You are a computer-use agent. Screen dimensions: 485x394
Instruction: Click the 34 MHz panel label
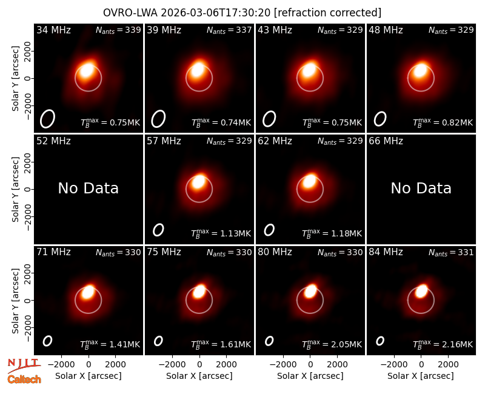(53, 30)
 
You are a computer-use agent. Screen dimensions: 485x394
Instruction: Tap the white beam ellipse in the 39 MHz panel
(158, 119)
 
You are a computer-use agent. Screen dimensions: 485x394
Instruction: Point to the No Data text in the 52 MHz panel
(89, 188)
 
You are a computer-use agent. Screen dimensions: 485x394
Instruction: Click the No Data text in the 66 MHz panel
(421, 188)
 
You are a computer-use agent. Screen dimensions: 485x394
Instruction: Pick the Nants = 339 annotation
(118, 30)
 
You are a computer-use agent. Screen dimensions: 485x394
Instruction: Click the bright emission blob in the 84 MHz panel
(421, 291)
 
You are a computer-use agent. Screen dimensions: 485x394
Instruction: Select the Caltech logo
(24, 379)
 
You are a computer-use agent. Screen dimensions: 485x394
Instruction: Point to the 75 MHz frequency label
(164, 252)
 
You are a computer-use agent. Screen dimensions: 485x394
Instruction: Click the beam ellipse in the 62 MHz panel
(269, 230)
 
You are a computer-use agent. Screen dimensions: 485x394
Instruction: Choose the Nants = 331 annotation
(451, 253)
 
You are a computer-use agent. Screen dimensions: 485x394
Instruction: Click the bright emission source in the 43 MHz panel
(309, 70)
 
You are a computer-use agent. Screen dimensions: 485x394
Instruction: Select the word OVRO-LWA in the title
(130, 13)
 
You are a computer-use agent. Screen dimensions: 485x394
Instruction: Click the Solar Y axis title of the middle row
(15, 189)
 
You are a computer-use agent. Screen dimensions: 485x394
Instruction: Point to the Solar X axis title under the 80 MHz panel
(310, 376)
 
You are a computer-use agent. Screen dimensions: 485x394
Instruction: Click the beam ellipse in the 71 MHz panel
(47, 341)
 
